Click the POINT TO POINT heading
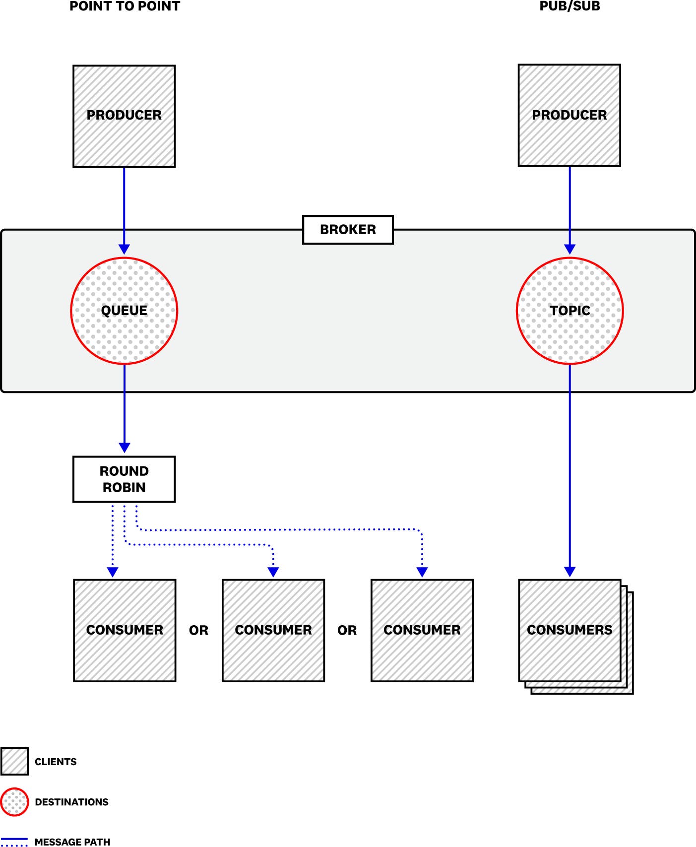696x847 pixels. tap(125, 6)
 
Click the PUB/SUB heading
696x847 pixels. tap(569, 6)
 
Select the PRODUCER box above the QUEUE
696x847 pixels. tap(124, 116)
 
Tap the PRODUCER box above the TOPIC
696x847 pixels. tap(569, 115)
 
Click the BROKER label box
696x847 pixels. tap(348, 230)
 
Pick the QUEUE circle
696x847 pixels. tap(124, 311)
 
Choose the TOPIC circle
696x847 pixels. tap(569, 311)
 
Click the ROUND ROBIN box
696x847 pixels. tap(124, 479)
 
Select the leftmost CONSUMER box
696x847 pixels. tap(125, 630)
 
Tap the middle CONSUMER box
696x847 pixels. tap(273, 630)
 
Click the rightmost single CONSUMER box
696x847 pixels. tap(422, 630)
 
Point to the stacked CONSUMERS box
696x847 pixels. tap(569, 630)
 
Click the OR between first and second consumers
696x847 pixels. tap(198, 631)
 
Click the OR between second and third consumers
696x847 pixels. tap(347, 631)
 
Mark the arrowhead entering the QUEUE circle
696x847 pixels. tap(124, 250)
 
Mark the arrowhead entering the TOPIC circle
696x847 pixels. tap(569, 250)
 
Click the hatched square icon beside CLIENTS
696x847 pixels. tap(14, 761)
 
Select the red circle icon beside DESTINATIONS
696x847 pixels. tap(15, 802)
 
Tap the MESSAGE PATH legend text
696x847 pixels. tap(72, 842)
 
